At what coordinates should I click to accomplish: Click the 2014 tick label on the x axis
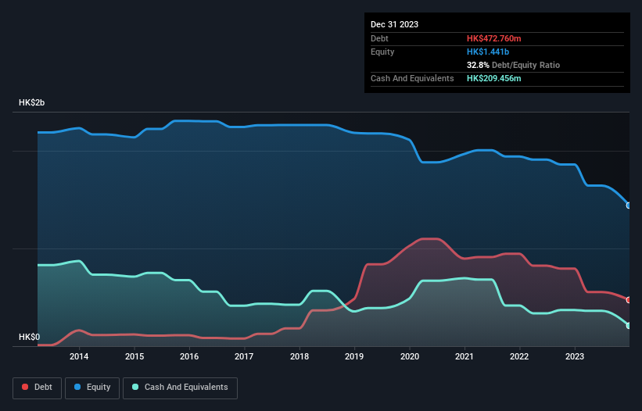pyautogui.click(x=79, y=357)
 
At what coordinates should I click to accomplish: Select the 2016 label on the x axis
pyautogui.click(x=189, y=357)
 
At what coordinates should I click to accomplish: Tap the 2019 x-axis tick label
pyautogui.click(x=354, y=357)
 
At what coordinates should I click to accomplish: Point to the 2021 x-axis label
pyautogui.click(x=464, y=357)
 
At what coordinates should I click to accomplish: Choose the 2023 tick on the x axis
pyautogui.click(x=575, y=357)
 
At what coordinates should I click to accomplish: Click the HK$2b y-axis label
pyautogui.click(x=33, y=103)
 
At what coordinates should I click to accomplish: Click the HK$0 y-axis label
pyautogui.click(x=29, y=337)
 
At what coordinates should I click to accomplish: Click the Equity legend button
pyautogui.click(x=92, y=387)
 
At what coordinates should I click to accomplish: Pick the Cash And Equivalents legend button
pyautogui.click(x=180, y=387)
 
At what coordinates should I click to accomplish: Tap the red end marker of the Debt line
pyautogui.click(x=629, y=300)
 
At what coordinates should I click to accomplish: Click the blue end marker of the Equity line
pyautogui.click(x=629, y=205)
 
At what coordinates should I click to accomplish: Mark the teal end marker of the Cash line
pyautogui.click(x=629, y=326)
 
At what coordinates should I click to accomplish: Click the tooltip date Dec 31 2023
pyautogui.click(x=394, y=24)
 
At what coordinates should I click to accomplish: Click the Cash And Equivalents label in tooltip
pyautogui.click(x=412, y=78)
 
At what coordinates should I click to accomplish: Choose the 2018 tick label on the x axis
pyautogui.click(x=299, y=357)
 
